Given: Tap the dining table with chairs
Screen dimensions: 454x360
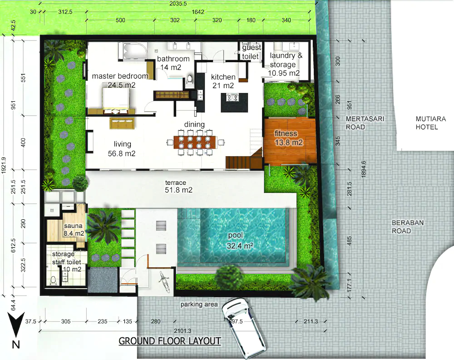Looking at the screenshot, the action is [195, 142].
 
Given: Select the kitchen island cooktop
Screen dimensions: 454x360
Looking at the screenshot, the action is [232, 98].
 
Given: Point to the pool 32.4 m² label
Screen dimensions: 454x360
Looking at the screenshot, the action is [240, 241].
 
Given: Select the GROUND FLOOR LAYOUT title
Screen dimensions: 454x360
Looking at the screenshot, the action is [170, 341].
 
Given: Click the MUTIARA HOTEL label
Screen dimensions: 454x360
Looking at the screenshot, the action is [430, 123].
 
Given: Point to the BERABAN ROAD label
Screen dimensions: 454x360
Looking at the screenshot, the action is [407, 227].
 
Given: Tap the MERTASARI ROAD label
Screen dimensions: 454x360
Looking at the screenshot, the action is [365, 123].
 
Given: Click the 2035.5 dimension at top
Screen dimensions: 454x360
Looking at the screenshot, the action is [178, 4].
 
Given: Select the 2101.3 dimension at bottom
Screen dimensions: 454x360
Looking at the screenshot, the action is [183, 331].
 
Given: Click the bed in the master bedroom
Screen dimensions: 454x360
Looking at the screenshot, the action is [115, 99].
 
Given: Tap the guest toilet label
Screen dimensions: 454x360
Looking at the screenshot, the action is [252, 52].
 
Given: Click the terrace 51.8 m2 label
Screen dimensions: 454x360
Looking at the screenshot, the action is [178, 186].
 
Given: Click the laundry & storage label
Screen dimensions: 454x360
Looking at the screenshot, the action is [284, 64].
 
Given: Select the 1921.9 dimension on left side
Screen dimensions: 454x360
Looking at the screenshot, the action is [4, 165].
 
